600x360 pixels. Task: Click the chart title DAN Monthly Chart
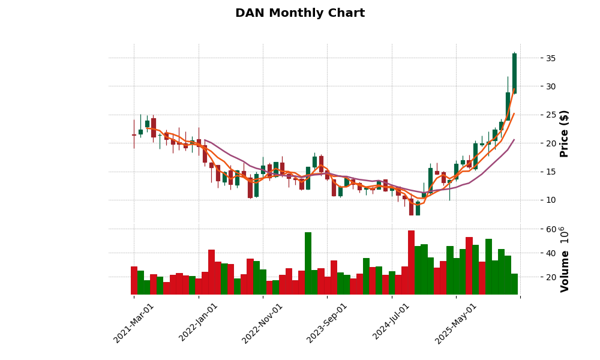tap(300, 13)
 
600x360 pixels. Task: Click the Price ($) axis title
tap(565, 133)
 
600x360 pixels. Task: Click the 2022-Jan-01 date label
tap(198, 323)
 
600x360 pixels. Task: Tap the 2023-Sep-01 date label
tap(326, 323)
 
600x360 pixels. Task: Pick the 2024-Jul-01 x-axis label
tap(391, 323)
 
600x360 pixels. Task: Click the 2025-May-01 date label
tap(455, 323)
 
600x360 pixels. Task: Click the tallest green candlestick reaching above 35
tap(514, 73)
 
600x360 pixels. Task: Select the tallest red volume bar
tap(411, 262)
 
